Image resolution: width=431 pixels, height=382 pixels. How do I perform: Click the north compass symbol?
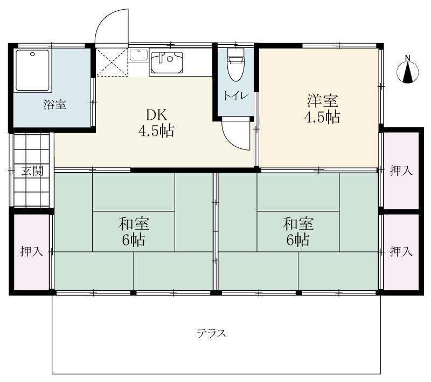click(408, 73)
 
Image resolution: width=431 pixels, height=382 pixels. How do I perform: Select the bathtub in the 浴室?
click(32, 70)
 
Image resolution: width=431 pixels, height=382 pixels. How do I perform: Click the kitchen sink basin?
click(167, 62)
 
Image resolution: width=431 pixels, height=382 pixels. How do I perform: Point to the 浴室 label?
click(54, 105)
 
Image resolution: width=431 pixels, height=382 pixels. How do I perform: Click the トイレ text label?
click(236, 95)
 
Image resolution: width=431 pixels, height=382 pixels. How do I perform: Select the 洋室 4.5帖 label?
click(323, 110)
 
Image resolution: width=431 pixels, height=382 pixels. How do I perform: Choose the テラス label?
click(211, 333)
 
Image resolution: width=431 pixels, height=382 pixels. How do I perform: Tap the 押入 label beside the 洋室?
click(401, 171)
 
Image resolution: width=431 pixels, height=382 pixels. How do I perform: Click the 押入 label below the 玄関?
click(32, 251)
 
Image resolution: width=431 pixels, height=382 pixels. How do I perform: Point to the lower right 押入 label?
click(401, 251)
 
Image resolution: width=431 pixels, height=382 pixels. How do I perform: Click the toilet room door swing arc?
click(237, 135)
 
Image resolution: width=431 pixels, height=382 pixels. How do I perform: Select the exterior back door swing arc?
click(110, 24)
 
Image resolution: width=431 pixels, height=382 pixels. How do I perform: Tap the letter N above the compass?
click(408, 58)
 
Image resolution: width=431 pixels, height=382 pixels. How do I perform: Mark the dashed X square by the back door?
click(112, 63)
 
